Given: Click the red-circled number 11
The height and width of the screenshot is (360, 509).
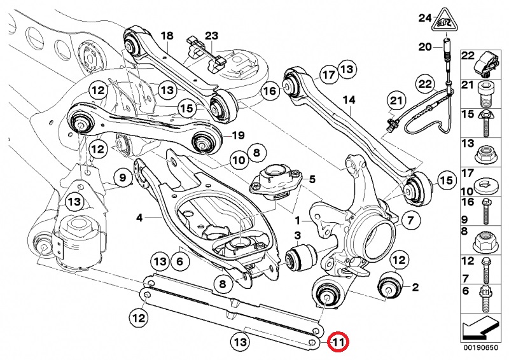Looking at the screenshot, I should click(338, 342).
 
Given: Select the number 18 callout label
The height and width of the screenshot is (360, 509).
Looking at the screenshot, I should click(167, 36).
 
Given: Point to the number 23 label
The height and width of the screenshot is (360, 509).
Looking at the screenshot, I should click(211, 36).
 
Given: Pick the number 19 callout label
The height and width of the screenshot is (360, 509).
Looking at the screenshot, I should click(238, 135).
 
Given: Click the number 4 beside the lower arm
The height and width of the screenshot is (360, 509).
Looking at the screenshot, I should click(139, 218).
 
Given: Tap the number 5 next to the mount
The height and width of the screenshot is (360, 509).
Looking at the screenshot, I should click(312, 179).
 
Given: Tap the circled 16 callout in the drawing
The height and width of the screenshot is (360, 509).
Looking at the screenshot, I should click(270, 91).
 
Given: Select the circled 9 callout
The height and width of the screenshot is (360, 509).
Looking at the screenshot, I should click(121, 177).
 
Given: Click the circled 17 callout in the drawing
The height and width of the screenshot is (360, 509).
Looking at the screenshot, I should click(327, 74).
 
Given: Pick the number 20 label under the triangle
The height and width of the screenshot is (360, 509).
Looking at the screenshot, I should click(424, 46).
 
